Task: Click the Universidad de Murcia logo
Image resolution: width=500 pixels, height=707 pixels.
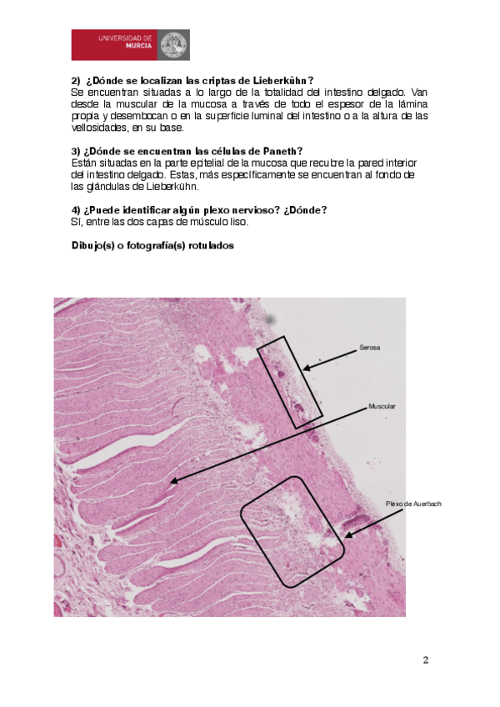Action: [130, 44]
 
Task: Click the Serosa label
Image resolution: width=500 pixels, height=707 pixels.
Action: [369, 348]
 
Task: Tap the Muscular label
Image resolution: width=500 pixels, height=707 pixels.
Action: [382, 406]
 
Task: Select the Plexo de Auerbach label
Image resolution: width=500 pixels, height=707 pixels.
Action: [413, 504]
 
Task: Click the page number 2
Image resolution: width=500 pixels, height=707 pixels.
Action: [425, 661]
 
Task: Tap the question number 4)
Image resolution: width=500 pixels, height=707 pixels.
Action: [76, 209]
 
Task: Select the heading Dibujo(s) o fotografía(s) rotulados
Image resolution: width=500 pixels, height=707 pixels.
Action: [152, 246]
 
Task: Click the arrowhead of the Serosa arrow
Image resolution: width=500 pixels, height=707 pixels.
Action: [306, 367]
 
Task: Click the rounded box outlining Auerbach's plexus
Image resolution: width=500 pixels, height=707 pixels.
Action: [292, 531]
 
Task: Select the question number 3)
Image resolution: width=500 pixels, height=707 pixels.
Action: [76, 151]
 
